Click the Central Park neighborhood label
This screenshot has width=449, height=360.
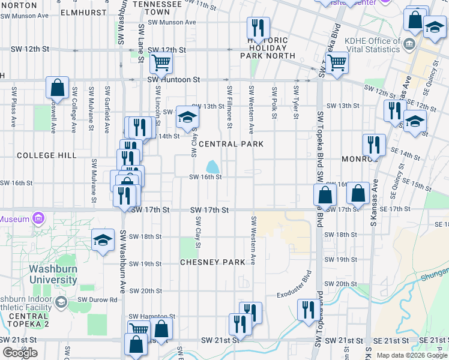[x=231, y=145]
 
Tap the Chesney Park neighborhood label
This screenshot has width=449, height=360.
[x=213, y=262]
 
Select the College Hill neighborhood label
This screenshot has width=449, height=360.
[x=47, y=155]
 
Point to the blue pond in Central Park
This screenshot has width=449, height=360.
[x=212, y=166]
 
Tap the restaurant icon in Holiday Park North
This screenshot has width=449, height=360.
[x=258, y=28]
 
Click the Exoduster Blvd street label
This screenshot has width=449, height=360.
[x=295, y=295]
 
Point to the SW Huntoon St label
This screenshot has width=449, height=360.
[x=174, y=79]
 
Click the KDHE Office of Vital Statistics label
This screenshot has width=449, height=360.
[x=373, y=46]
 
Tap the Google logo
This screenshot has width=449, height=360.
[x=20, y=353]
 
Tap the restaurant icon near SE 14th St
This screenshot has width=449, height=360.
[x=373, y=145]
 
